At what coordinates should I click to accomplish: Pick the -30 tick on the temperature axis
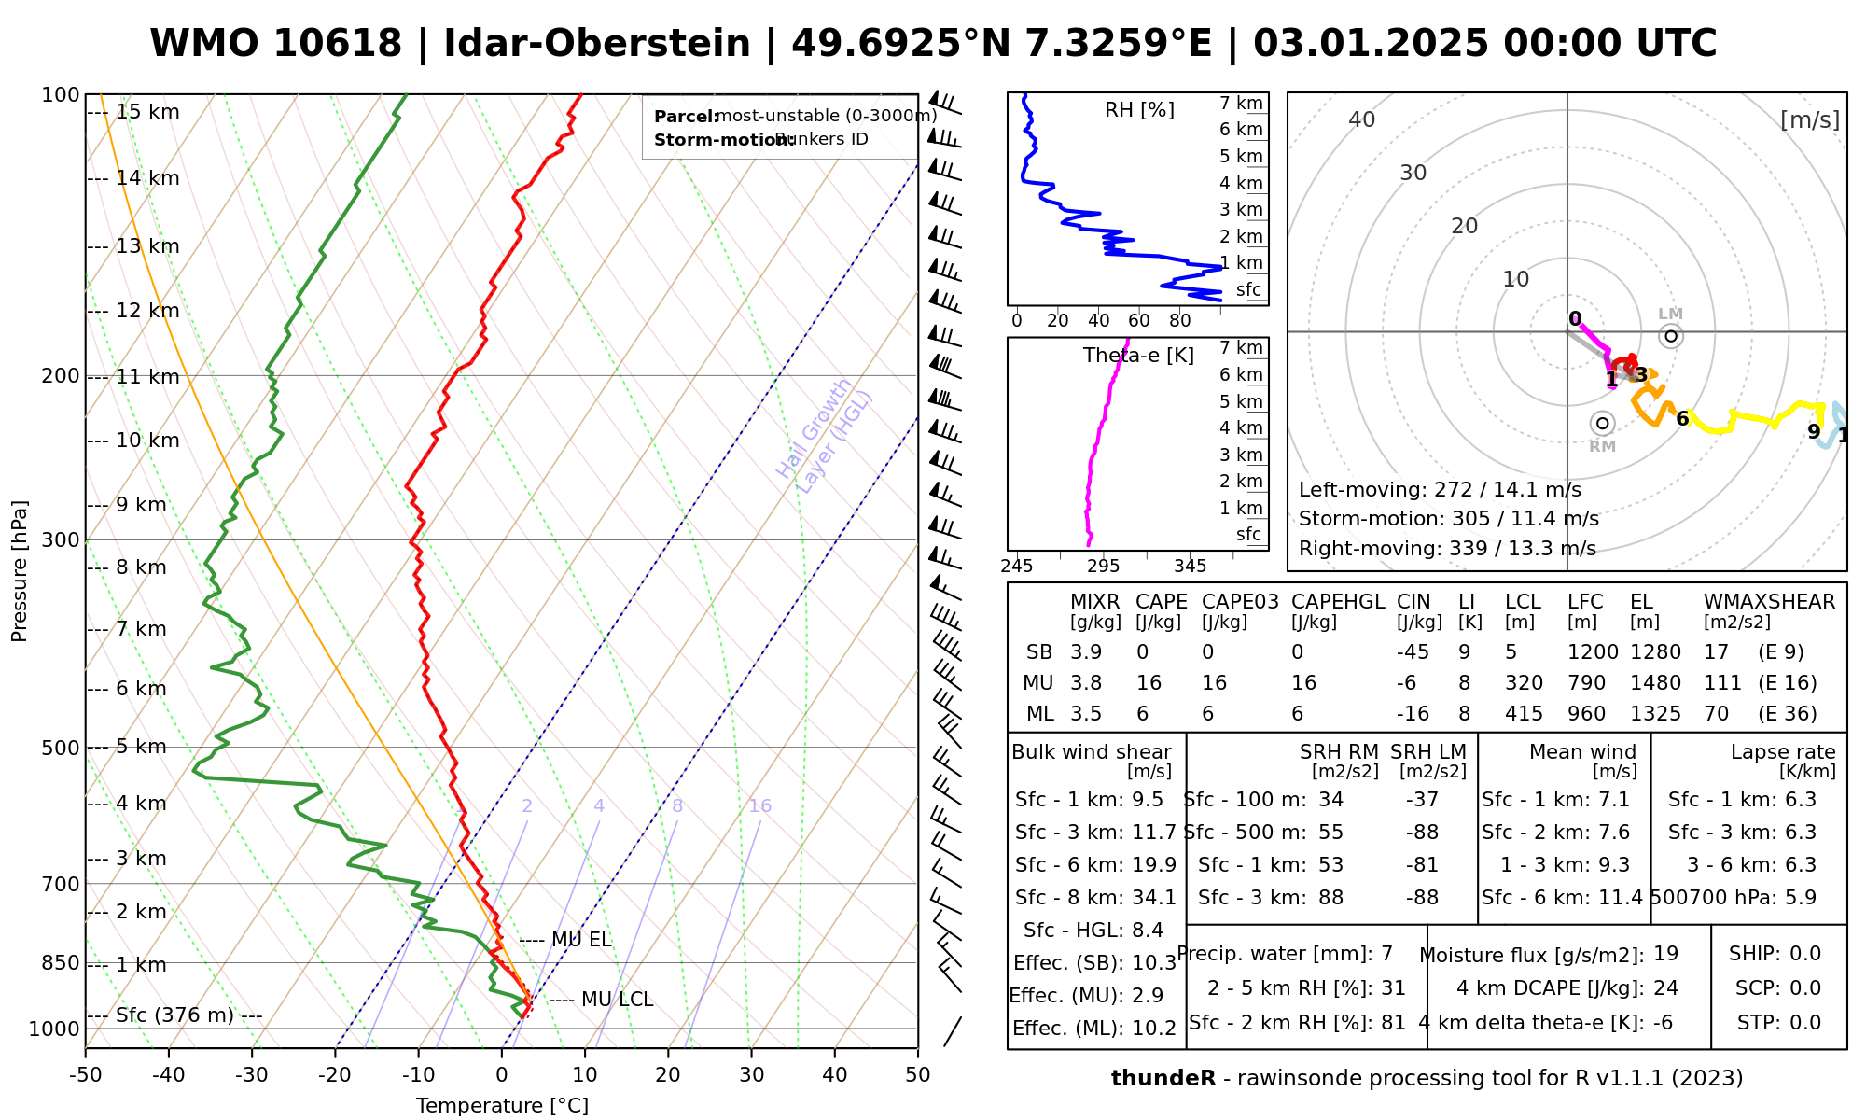(x=252, y=1075)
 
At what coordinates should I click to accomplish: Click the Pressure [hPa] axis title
(x=20, y=571)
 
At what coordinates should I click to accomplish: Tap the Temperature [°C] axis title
(x=502, y=1106)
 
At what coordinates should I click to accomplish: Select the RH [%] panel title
(x=1139, y=110)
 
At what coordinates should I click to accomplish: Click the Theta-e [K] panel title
(x=1138, y=356)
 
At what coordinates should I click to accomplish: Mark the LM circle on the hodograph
(x=1671, y=336)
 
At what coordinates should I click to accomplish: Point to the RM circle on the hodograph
(x=1603, y=423)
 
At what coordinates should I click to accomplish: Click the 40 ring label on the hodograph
(x=1362, y=119)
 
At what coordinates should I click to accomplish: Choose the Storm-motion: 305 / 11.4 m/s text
(x=1448, y=519)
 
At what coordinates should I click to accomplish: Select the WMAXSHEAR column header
(x=1769, y=602)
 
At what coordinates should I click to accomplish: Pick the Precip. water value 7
(x=1386, y=954)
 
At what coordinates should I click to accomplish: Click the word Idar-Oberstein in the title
(x=597, y=44)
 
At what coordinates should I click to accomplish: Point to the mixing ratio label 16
(x=760, y=806)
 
